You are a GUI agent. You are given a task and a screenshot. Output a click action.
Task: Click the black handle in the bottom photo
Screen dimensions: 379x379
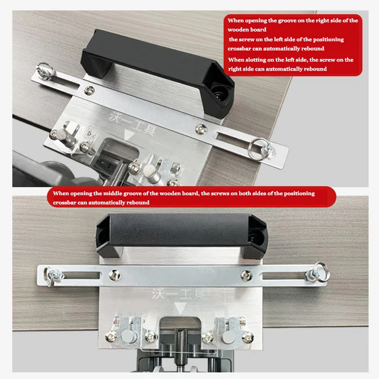pyautogui.click(x=181, y=231)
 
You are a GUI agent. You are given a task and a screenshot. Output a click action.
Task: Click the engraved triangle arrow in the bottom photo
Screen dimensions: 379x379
pyautogui.click(x=180, y=307)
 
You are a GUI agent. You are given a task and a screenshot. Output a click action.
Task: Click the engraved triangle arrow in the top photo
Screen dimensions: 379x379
pyautogui.click(x=128, y=135)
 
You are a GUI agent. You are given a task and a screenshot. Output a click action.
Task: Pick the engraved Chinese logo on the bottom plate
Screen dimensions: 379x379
pyautogui.click(x=178, y=293)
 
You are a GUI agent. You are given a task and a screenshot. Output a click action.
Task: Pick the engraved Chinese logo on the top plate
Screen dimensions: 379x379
pyautogui.click(x=132, y=124)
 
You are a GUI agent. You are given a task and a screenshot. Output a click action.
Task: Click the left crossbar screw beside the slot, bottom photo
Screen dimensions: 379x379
pyautogui.click(x=115, y=275)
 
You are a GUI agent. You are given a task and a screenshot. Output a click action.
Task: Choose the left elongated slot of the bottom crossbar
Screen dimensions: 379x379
pyautogui.click(x=81, y=275)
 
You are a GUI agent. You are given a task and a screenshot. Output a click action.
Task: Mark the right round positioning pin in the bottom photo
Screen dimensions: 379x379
pyautogui.click(x=227, y=337)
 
